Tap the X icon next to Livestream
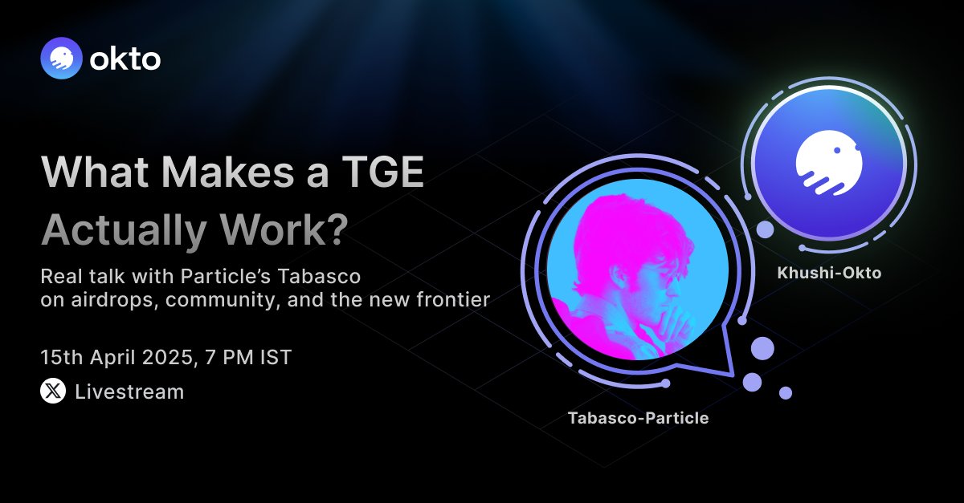point(53,391)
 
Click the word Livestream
point(129,392)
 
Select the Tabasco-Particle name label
point(638,418)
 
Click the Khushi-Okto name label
point(829,273)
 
